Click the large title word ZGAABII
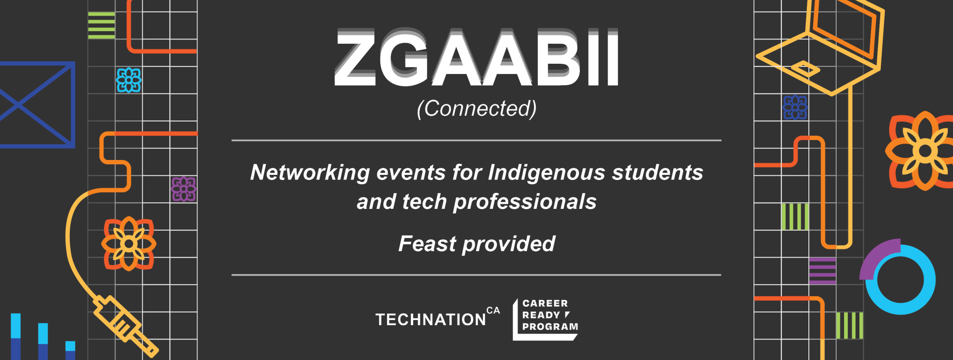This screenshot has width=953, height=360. [476, 58]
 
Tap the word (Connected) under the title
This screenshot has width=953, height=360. [476, 109]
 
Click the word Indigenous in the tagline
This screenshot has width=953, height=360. [546, 173]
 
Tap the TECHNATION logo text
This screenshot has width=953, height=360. [431, 320]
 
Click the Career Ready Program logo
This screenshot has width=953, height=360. [545, 319]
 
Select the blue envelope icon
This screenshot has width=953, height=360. [36, 105]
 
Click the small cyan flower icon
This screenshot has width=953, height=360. [129, 80]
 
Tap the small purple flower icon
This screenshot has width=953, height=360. [184, 189]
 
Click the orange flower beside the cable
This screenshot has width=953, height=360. [128, 243]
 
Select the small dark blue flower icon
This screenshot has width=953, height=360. [795, 107]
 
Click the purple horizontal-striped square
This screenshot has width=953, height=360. [822, 271]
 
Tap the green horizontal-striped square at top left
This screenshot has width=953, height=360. [101, 26]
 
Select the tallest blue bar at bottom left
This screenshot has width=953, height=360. [16, 336]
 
